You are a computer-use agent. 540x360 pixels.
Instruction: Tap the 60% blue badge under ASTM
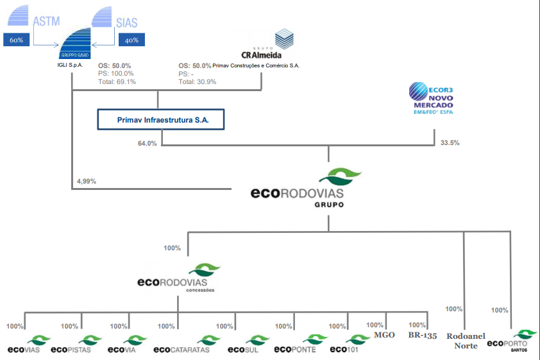click(17, 40)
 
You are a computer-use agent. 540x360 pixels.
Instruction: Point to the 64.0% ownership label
click(147, 143)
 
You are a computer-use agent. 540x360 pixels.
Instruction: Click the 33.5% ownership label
click(449, 142)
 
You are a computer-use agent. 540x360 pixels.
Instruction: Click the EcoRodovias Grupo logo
click(307, 188)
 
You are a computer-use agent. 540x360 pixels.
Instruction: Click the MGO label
click(384, 335)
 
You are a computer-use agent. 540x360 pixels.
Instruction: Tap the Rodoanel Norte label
click(466, 341)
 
